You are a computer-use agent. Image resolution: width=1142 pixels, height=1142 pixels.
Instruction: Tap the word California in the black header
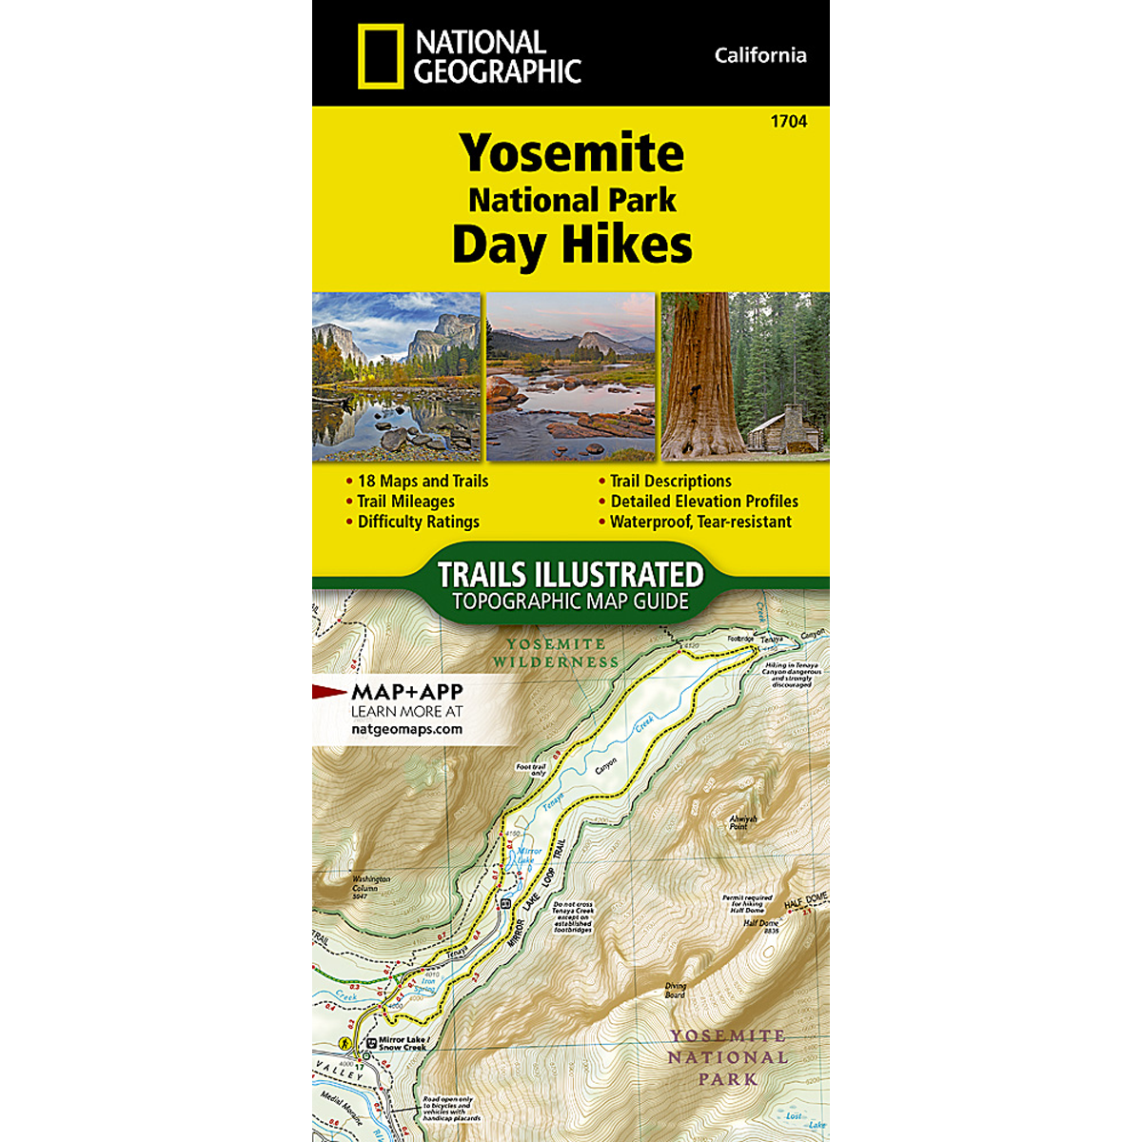(759, 55)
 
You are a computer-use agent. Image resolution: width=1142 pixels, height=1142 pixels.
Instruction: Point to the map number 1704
(790, 122)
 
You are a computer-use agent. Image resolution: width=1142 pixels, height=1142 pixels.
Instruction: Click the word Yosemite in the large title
(571, 152)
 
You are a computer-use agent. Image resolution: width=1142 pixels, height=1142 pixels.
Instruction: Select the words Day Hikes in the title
(571, 244)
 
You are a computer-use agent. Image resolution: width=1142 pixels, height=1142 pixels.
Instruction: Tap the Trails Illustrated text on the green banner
(570, 575)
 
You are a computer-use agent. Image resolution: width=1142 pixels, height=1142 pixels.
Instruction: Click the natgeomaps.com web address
(406, 730)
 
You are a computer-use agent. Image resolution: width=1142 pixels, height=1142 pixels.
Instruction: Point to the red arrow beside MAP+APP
(330, 692)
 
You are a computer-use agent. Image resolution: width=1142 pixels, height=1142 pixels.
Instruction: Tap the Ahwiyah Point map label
(738, 822)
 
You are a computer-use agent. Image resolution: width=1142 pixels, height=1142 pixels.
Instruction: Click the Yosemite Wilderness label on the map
(556, 653)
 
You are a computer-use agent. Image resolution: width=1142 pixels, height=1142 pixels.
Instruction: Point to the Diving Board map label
(674, 991)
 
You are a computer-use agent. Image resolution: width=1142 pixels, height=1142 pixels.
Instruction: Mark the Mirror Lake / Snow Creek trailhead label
(403, 1043)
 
